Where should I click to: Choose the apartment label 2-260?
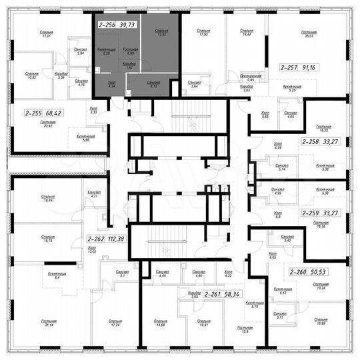pyautogui.click(x=300, y=272)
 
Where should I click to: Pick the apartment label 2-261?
pyautogui.click(x=213, y=293)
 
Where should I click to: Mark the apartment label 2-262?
pyautogui.click(x=97, y=239)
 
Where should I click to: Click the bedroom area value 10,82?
pyautogui.click(x=31, y=78)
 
